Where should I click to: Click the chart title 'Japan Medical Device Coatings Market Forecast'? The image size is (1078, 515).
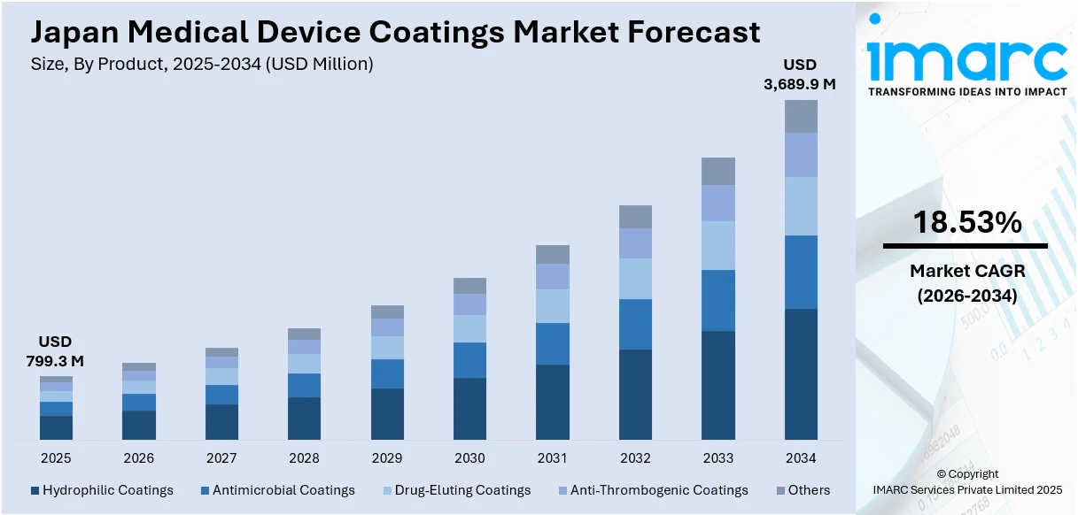pos(395,32)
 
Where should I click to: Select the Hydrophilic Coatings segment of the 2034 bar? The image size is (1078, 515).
pos(801,373)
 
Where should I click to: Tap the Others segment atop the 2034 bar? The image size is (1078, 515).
pos(801,116)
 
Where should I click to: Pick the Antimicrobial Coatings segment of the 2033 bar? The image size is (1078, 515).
pos(718,300)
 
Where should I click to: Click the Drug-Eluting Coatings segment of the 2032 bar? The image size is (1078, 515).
pos(635,278)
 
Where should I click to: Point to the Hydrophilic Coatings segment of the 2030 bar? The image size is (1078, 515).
pos(469,408)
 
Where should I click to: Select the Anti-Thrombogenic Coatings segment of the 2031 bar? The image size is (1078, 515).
pos(553,276)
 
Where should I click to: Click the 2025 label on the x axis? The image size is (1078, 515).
pos(56,458)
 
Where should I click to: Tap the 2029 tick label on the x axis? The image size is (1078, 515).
pos(387,458)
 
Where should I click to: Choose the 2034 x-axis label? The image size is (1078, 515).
pos(801,458)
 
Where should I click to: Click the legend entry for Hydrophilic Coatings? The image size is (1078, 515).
pos(102,490)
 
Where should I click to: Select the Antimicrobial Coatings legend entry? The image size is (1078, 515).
pos(277,490)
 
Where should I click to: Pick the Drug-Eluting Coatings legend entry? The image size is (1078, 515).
pos(456,490)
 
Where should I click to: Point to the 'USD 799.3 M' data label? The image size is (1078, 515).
pos(55,350)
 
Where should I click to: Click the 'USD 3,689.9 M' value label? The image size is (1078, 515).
pos(800,74)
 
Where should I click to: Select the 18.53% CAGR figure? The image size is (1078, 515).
pos(966,223)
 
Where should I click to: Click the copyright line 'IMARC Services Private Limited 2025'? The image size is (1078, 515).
pos(966,489)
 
